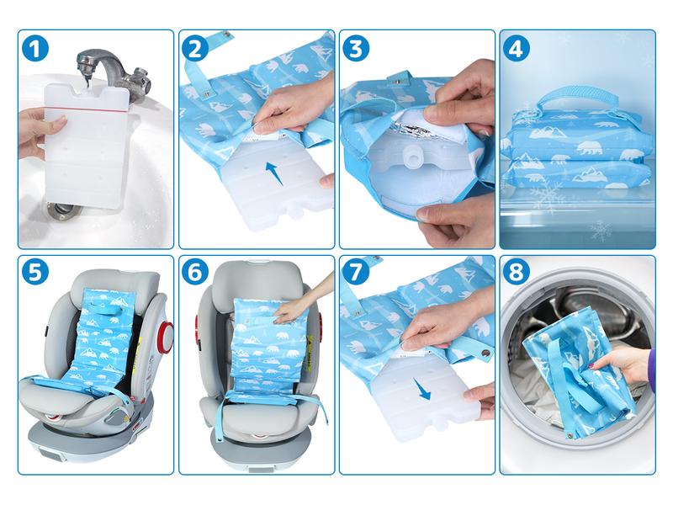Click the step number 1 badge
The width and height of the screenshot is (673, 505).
[x=35, y=49]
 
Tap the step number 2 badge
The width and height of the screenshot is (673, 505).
[x=195, y=49]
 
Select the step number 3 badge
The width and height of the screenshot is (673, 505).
[x=356, y=49]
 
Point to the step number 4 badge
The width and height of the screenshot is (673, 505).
[x=516, y=49]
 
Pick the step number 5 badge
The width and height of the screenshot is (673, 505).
[x=35, y=271]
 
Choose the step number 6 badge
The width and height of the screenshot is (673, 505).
[x=195, y=271]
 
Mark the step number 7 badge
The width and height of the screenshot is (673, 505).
[x=356, y=271]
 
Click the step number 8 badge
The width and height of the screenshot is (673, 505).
[x=516, y=271]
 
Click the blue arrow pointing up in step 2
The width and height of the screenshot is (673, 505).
[x=275, y=173]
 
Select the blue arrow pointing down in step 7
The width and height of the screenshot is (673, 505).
[x=423, y=388]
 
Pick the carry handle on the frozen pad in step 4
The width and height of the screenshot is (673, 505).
[x=576, y=96]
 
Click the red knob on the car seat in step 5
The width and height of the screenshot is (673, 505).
[x=166, y=336]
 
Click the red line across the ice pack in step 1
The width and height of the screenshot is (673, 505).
[x=87, y=109]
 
